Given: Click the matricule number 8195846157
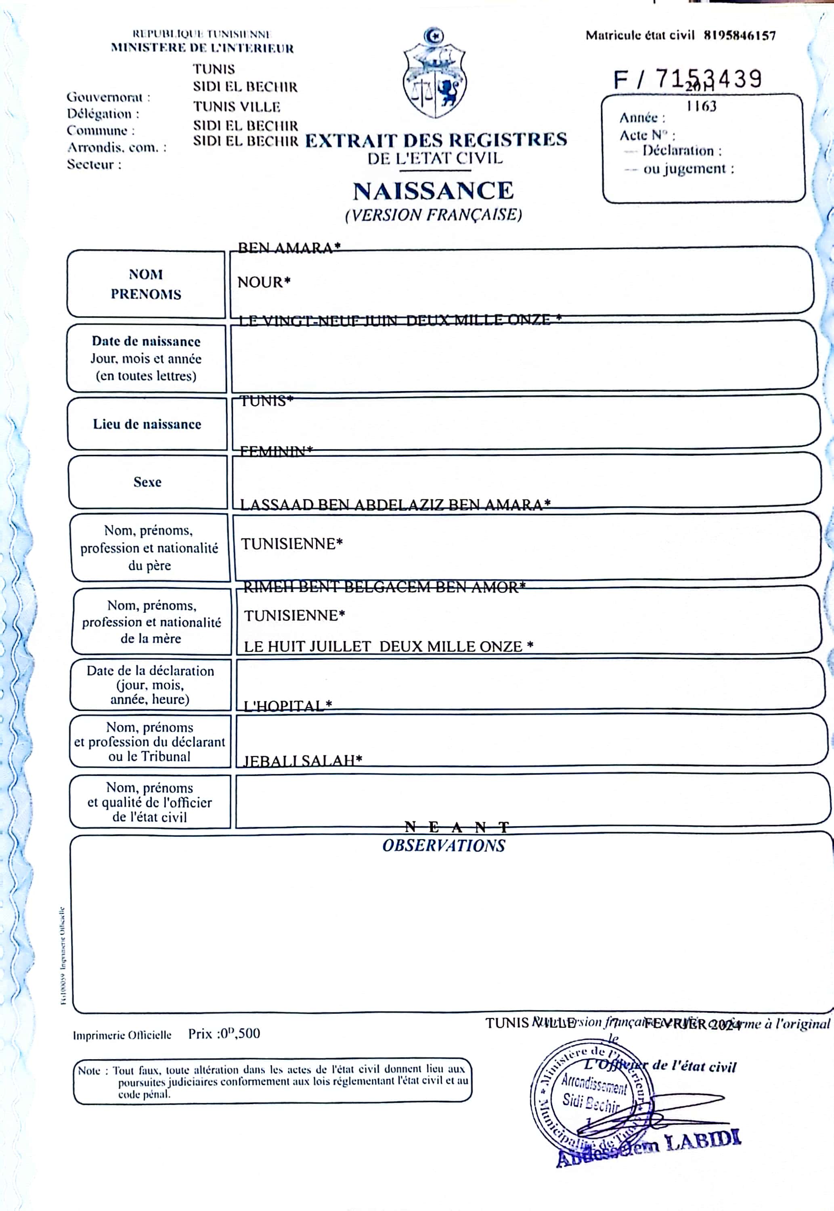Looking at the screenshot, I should pos(740,36).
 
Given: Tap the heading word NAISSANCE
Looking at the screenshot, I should pos(433,191).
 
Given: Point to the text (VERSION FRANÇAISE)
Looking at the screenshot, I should pos(433,215).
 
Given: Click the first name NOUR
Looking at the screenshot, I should pos(263,283).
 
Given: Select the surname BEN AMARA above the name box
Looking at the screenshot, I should pos(289,247).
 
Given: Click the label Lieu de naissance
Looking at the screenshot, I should pos(147,424).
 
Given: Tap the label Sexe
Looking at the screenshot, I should pos(147,482).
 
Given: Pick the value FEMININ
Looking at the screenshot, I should pos(276,450).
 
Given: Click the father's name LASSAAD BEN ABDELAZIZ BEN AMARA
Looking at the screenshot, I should pos(394,505).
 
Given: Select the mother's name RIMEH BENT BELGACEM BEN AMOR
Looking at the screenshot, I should pos(384,587).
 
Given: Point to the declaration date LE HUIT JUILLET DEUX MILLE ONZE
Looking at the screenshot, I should pos(388,647).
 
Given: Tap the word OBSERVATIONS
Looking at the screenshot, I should pos(444,846).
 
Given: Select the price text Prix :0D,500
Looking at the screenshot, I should pos(224,1033).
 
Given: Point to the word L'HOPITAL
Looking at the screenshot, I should pos(287,706).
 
